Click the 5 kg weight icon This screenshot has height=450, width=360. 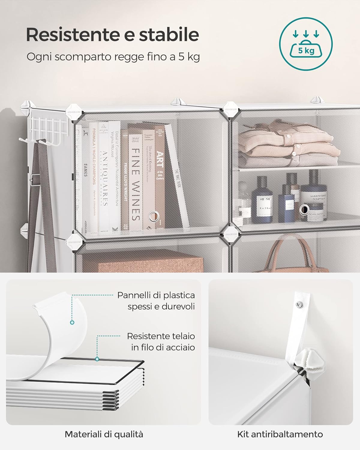tap(306, 44)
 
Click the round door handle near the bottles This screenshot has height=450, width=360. tap(304, 208)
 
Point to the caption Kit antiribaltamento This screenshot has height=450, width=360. tap(280, 434)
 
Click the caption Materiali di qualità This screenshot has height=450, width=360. tap(104, 434)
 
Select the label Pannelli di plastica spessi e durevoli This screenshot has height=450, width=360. tap(156, 301)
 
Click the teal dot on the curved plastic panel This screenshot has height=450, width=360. tap(72, 322)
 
